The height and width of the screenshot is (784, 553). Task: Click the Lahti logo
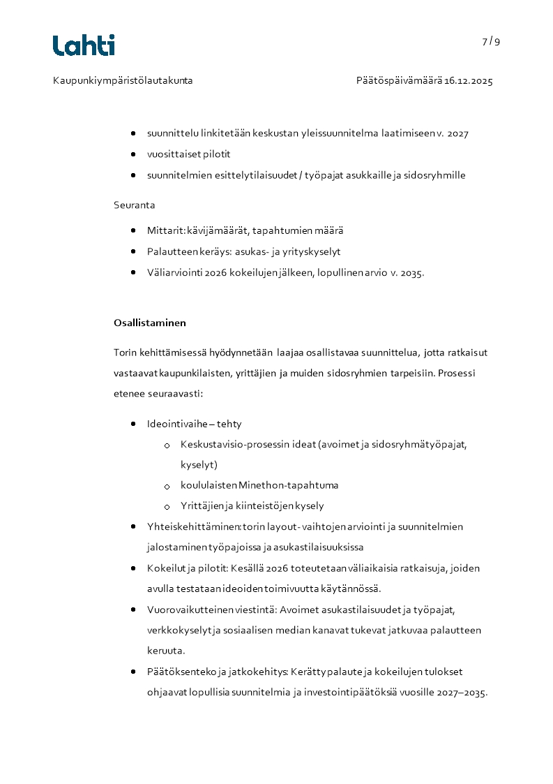pos(84,45)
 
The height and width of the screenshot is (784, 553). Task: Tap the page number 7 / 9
pos(491,41)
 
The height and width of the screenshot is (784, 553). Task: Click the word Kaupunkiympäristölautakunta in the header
pos(123,81)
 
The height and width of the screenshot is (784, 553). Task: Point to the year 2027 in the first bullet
pos(457,133)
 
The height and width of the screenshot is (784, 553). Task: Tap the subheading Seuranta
pos(134,205)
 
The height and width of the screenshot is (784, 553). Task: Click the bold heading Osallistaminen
pos(149,323)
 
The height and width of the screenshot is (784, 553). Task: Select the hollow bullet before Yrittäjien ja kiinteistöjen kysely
pos(167,507)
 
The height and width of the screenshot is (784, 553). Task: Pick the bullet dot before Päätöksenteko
pos(133,672)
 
